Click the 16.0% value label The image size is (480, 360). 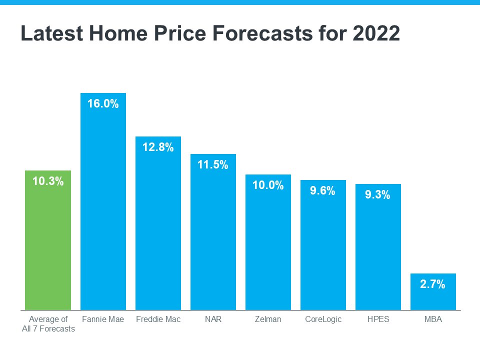[x=103, y=104]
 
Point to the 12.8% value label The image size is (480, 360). [x=158, y=147]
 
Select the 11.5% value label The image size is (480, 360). [x=213, y=165]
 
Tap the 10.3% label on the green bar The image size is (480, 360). [x=48, y=182]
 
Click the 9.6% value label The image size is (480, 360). [x=323, y=191]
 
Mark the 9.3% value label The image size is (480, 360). [x=378, y=195]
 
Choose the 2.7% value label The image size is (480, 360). [x=433, y=284]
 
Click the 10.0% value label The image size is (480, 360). [x=268, y=185]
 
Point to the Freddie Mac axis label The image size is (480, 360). [x=158, y=319]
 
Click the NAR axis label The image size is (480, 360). [x=213, y=319]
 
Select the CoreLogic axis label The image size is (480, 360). [x=323, y=319]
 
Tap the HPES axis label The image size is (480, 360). [x=378, y=319]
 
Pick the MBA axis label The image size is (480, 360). [x=433, y=319]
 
